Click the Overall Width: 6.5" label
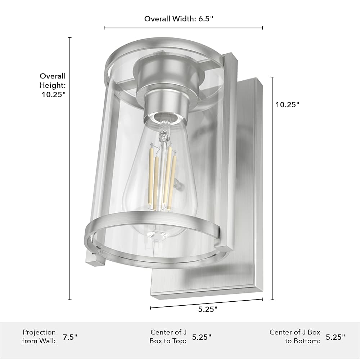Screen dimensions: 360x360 [x=179, y=19]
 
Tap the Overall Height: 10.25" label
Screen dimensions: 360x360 [x=53, y=85]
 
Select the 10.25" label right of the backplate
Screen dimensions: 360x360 [x=287, y=104]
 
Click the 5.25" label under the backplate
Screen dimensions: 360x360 [x=208, y=309]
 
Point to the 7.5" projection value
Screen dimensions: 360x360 [x=70, y=337]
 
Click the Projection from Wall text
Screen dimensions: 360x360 [x=39, y=337]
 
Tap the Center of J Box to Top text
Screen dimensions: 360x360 [x=168, y=337]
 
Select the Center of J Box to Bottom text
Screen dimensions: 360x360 [x=295, y=337]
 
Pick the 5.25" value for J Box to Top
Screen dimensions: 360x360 [x=202, y=337]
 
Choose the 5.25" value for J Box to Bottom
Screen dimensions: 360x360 [x=336, y=337]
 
